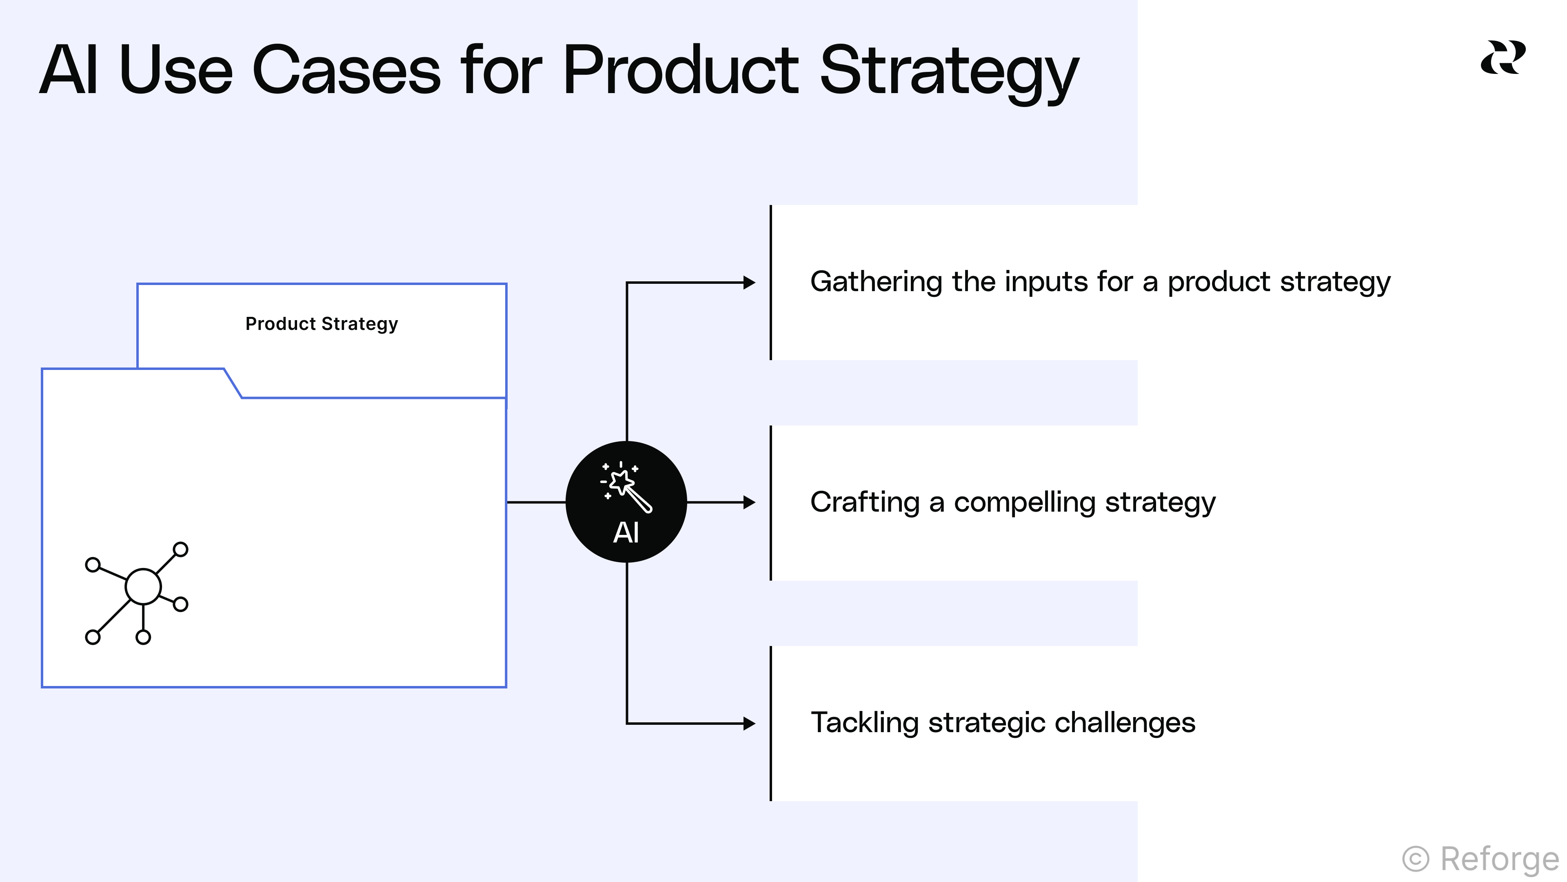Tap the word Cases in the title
tap(346, 71)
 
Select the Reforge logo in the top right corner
tap(1503, 58)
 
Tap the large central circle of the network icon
tap(143, 587)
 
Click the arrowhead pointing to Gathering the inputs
tap(750, 283)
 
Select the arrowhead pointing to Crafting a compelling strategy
tap(750, 502)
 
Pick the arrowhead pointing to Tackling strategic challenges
tap(750, 723)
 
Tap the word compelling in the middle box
tap(1024, 503)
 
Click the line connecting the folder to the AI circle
tap(536, 502)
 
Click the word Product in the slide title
tap(680, 71)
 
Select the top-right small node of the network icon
tap(181, 550)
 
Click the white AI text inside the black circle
tap(626, 532)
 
